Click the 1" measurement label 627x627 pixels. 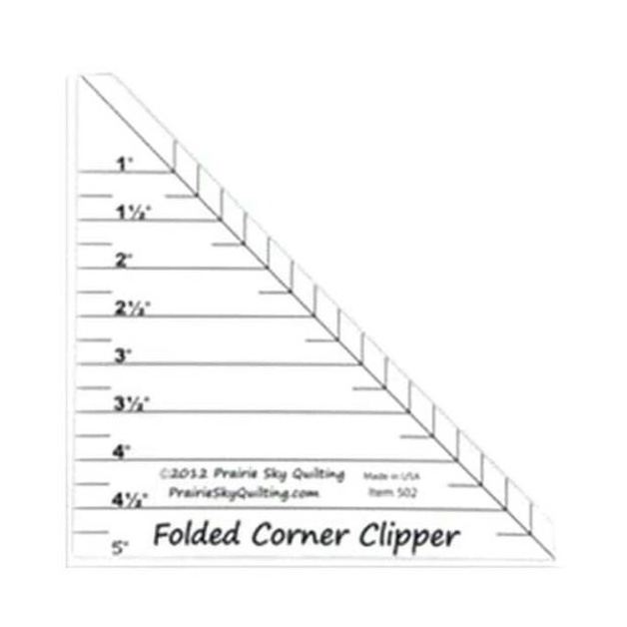[124, 162]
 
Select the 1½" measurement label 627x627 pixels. [132, 211]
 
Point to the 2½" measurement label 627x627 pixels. [132, 308]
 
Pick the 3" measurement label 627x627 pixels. [124, 354]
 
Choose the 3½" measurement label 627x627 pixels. [132, 403]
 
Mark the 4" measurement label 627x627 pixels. [124, 451]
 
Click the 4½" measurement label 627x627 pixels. [132, 498]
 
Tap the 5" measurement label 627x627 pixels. [122, 546]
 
